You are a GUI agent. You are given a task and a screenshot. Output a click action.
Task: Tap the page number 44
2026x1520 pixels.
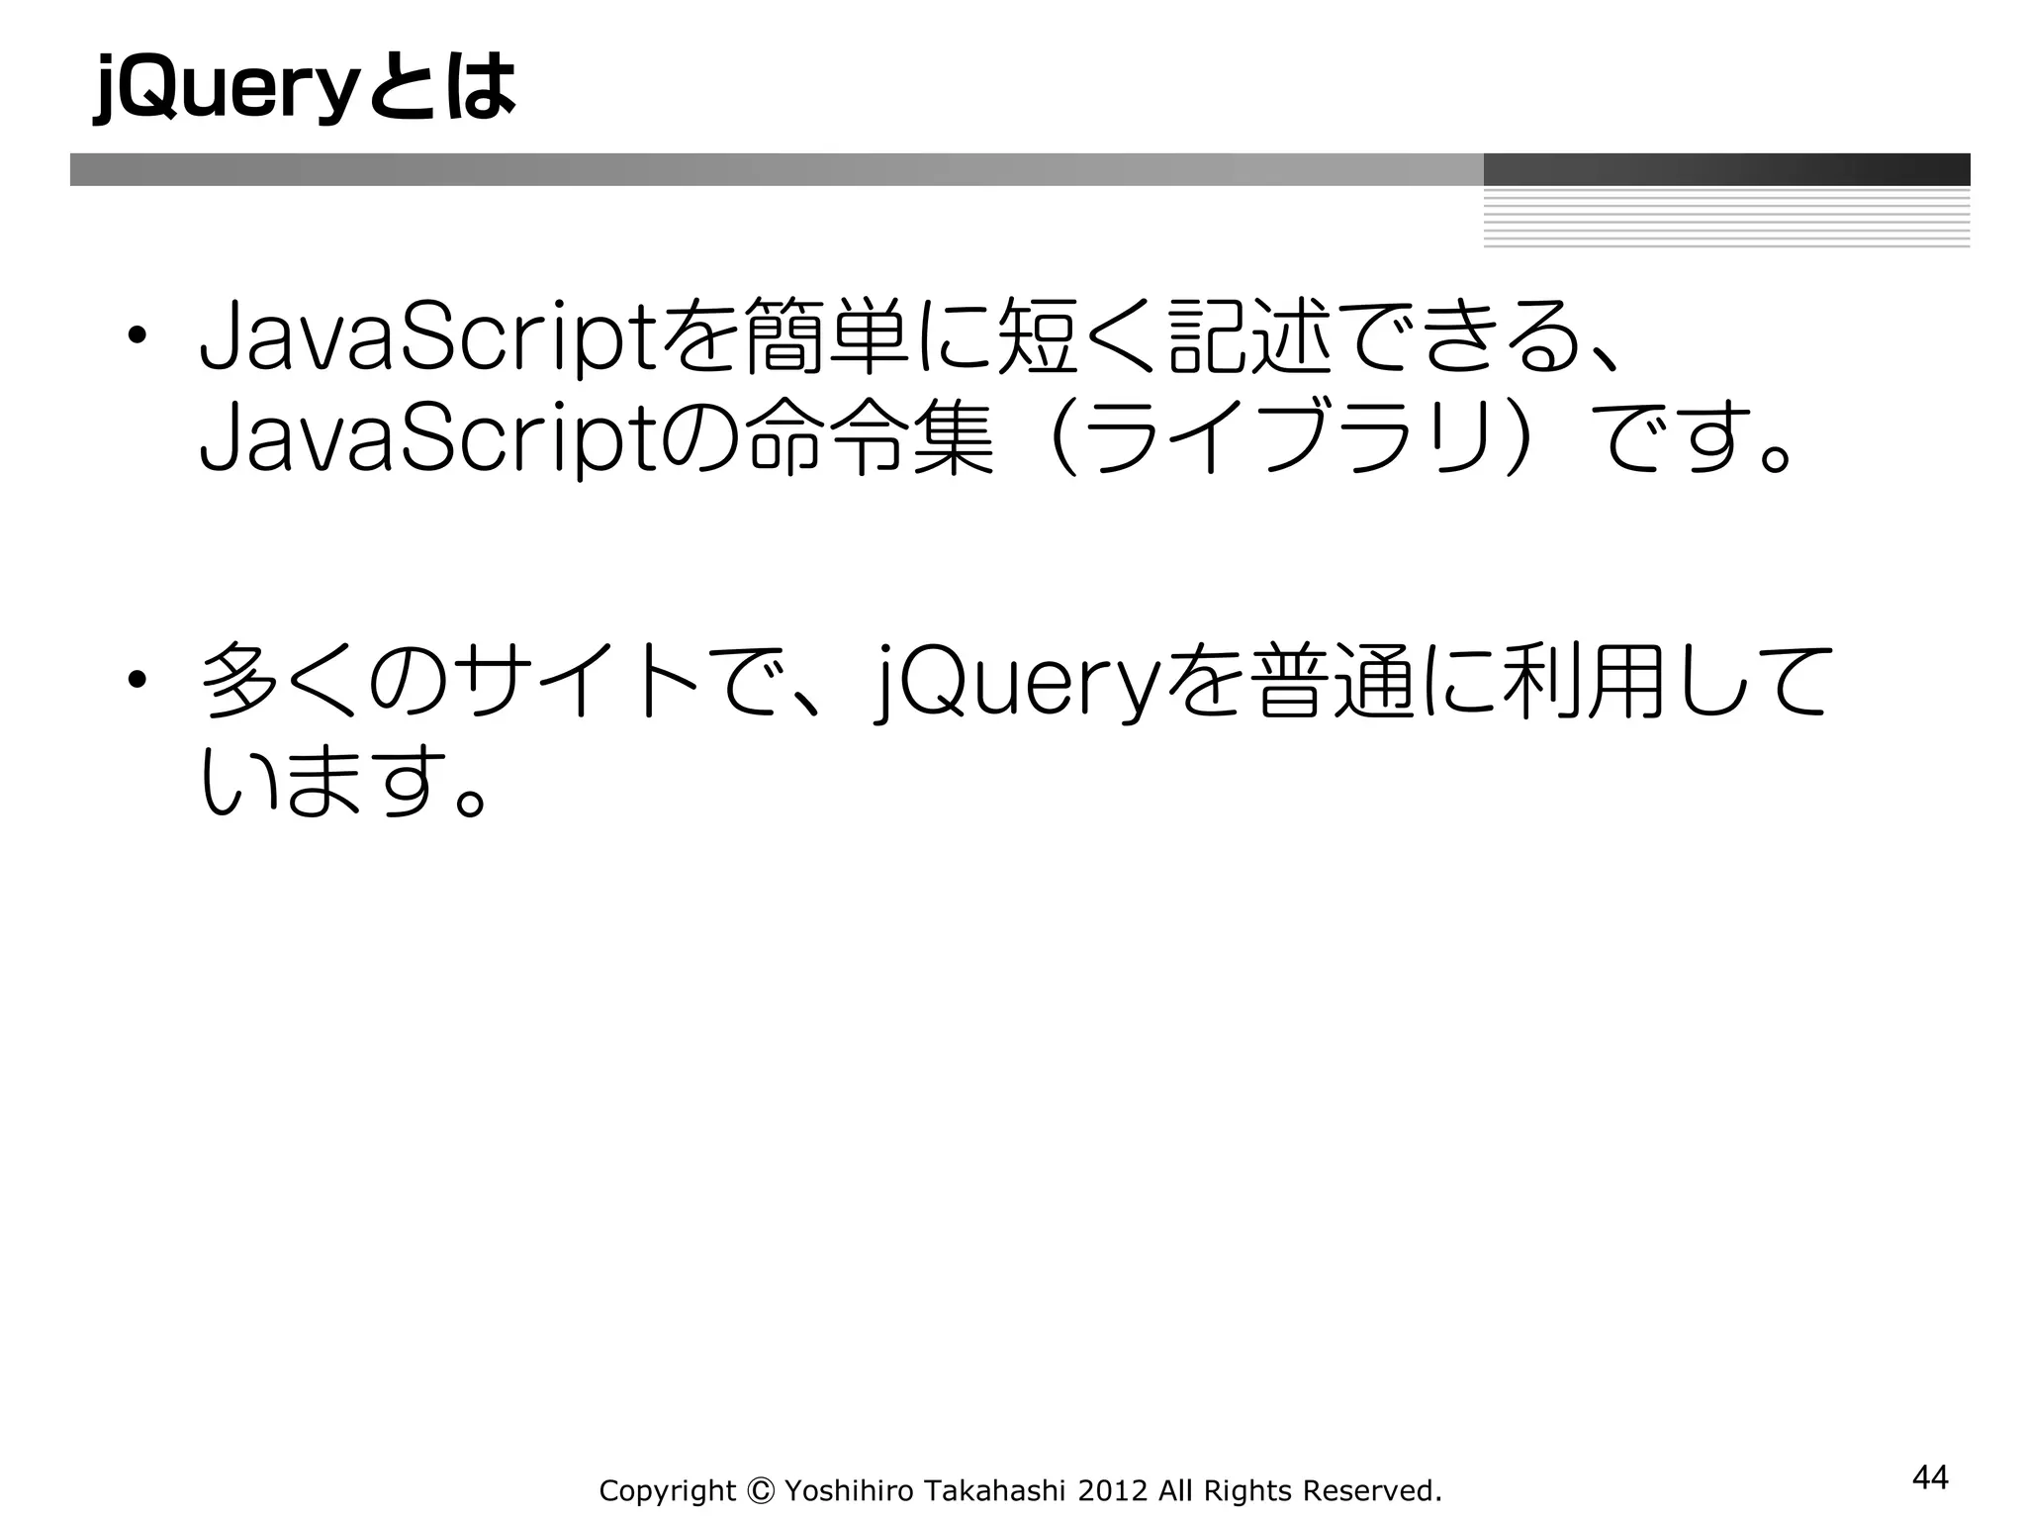click(1930, 1477)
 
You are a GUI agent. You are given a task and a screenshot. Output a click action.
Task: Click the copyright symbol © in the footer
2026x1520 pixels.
click(760, 1490)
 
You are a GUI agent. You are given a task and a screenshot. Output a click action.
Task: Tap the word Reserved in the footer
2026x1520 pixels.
click(1371, 1490)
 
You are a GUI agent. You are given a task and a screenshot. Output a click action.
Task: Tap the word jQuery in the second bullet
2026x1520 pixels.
click(1017, 683)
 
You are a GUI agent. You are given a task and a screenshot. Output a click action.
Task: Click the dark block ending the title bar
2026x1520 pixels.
click(1726, 169)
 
